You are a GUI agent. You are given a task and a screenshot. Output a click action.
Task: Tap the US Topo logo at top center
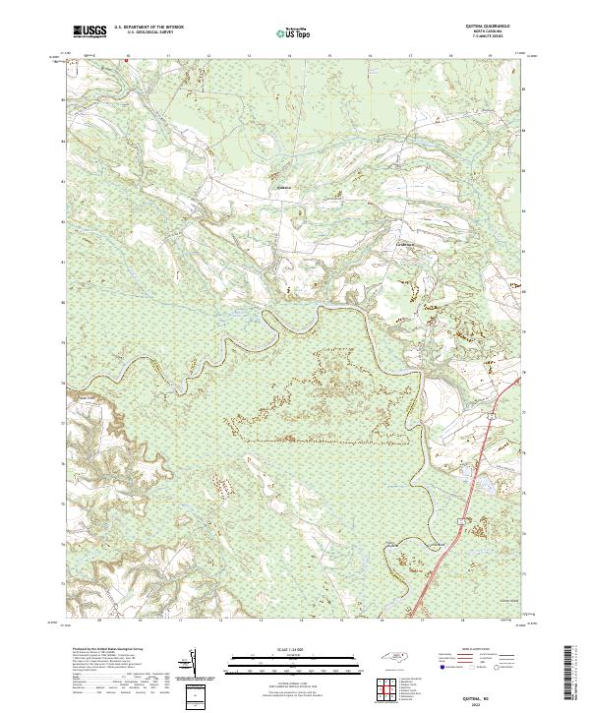(295, 32)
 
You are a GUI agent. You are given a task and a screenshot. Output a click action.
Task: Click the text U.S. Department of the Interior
(147, 29)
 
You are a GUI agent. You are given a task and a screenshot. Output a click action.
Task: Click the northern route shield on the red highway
(487, 417)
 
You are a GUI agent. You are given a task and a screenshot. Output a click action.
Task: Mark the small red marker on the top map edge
(126, 59)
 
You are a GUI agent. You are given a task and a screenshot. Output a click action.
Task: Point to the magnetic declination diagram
(193, 665)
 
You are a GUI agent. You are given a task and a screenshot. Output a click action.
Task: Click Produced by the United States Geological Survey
(103, 651)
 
